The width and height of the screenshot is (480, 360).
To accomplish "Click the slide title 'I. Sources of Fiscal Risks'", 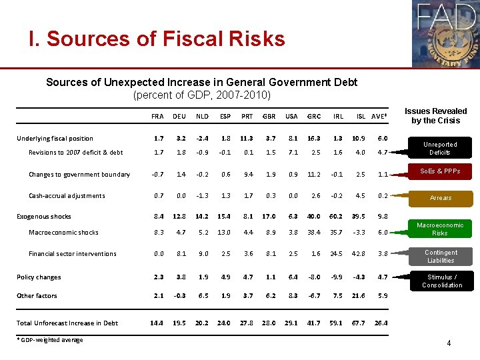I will click(x=157, y=39).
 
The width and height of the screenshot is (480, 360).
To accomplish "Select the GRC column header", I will click(x=313, y=115).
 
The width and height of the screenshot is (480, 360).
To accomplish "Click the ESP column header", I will click(x=226, y=115).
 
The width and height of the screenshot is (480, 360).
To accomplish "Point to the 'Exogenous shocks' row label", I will click(x=43, y=217).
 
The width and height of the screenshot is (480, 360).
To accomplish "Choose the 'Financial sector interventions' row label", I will click(x=72, y=254).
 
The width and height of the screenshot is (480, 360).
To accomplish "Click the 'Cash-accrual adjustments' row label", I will click(x=67, y=196).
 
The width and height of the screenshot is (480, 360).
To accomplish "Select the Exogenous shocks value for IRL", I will click(x=338, y=217).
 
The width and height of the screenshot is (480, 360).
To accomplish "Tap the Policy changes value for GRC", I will click(x=313, y=277).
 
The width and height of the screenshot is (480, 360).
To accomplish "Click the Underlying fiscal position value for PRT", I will click(x=246, y=139).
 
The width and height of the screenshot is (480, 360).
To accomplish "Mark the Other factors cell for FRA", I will click(x=157, y=296).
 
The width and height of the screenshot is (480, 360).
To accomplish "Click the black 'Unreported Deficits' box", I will click(x=441, y=148).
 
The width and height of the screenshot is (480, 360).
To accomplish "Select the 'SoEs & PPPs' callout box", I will click(x=441, y=172).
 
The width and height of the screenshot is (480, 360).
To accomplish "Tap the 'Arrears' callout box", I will click(x=441, y=198).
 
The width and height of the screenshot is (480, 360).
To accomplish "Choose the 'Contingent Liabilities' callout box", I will click(x=441, y=256).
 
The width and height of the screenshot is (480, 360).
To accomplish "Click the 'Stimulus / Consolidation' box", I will click(x=441, y=281).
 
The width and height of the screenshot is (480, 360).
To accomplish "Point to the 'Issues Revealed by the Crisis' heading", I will click(x=435, y=115).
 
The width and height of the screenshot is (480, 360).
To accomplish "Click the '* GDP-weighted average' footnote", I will click(x=50, y=341).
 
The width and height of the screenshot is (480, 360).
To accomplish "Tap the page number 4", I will click(x=449, y=344).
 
